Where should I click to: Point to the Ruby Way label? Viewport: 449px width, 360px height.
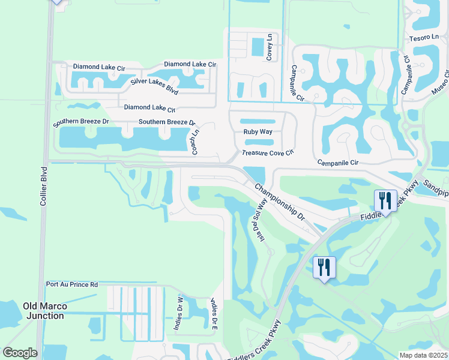click(258, 132)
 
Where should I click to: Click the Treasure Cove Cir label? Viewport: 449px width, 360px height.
click(267, 153)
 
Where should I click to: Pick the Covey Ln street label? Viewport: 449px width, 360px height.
click(270, 47)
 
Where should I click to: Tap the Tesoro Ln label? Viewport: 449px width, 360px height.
click(424, 37)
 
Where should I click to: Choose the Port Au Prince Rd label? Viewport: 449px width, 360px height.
click(71, 284)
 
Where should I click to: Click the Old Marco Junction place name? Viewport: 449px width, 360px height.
click(43, 311)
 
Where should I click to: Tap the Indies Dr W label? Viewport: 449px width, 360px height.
click(178, 312)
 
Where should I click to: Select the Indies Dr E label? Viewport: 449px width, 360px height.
click(213, 314)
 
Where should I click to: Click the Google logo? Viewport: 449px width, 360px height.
click(20, 353)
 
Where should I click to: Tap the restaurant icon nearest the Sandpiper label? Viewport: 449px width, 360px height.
click(384, 200)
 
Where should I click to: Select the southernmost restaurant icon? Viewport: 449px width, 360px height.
click(324, 267)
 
